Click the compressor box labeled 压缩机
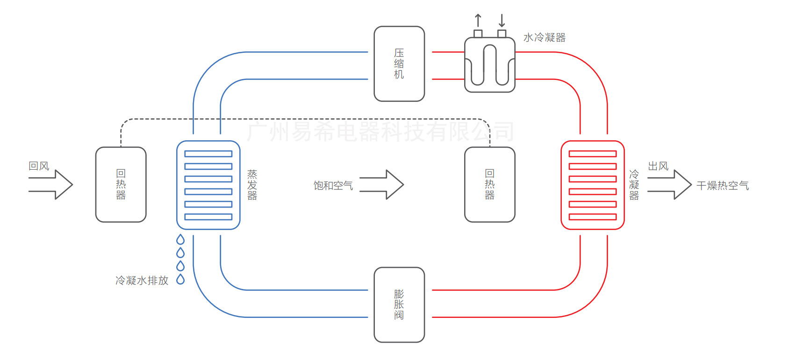point(399,64)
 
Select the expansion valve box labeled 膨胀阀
point(399,304)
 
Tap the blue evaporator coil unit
point(208,185)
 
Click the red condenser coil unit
point(592,185)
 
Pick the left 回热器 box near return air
point(121,185)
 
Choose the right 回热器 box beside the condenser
point(489,185)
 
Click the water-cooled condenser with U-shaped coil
point(489,65)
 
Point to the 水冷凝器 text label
point(544,38)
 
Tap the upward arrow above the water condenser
point(478,21)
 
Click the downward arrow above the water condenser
point(502,21)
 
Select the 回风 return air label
point(39,166)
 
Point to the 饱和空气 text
point(333,186)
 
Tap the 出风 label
point(658,166)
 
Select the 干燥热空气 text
point(722,186)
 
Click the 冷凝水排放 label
point(142,281)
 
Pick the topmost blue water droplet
point(180,240)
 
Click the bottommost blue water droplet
point(180,280)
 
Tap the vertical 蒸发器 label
point(252,185)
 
